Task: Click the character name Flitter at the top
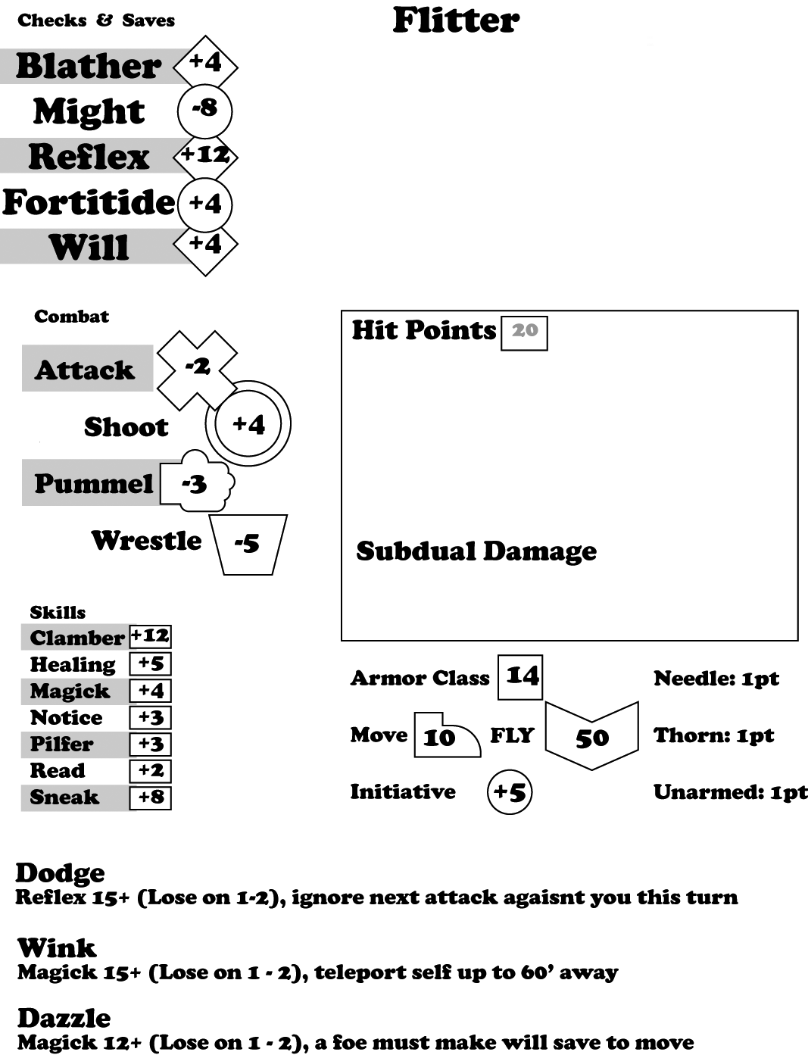(x=456, y=20)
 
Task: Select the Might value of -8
(x=204, y=110)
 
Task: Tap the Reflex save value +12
(x=205, y=155)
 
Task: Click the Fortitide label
(x=89, y=202)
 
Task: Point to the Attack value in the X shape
(x=198, y=368)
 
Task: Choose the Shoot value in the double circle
(x=248, y=424)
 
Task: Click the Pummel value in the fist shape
(x=195, y=483)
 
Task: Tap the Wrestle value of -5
(x=247, y=543)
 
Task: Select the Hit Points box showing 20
(x=524, y=331)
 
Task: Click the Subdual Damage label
(x=476, y=551)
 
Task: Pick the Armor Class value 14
(x=521, y=676)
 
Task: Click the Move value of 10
(x=439, y=736)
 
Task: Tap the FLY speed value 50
(x=591, y=737)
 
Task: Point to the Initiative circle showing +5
(x=510, y=792)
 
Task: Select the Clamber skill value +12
(x=150, y=636)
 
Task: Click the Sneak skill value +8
(x=150, y=797)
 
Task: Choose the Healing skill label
(x=73, y=664)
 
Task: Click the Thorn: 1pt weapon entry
(x=713, y=735)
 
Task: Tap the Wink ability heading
(x=57, y=947)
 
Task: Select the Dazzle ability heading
(x=64, y=1018)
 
